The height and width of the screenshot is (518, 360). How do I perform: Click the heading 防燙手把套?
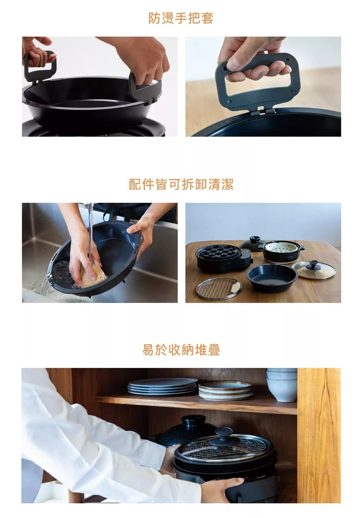coord(181,18)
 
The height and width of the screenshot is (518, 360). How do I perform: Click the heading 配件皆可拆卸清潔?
coord(181,184)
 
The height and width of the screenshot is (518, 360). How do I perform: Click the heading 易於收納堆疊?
coord(181,350)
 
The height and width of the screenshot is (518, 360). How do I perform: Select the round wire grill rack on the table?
coord(219,288)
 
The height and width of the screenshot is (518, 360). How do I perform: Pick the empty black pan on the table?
coord(272,277)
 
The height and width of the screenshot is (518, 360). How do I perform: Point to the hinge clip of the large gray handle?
coord(262,111)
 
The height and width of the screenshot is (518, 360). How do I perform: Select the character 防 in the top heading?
coord(154,18)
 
